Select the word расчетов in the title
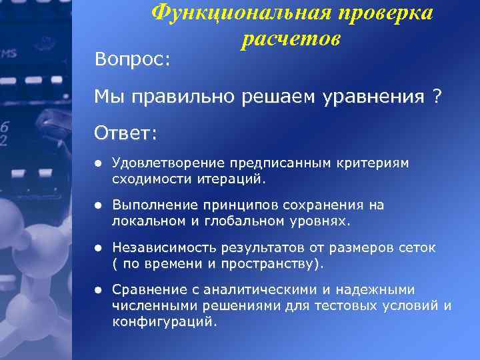[291, 39]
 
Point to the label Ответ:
[126, 133]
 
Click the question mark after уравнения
[437, 97]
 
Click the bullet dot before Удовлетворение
[97, 163]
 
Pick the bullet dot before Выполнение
[97, 205]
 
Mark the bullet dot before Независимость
[97, 248]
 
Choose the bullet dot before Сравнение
[97, 290]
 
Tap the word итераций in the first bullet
[233, 178]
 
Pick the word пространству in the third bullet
[274, 263]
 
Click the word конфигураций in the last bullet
[164, 321]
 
